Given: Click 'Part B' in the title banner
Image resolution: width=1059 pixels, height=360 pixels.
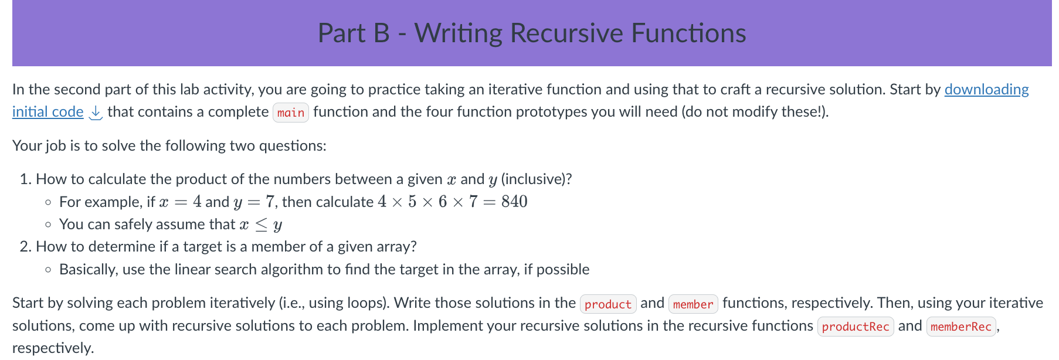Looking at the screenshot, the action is (354, 33).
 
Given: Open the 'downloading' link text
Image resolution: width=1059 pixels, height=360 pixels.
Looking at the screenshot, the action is (986, 89).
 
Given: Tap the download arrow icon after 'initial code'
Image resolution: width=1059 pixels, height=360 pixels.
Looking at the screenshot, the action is (95, 113).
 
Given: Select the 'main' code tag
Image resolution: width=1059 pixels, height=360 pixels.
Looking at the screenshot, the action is (291, 113).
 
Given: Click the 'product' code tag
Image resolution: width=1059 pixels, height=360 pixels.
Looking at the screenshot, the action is (608, 304).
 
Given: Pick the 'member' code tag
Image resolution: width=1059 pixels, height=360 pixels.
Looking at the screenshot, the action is (693, 304).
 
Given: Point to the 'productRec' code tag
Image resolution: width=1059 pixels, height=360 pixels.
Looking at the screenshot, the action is (856, 327).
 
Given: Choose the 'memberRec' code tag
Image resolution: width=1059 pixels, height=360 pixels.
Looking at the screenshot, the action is (961, 327).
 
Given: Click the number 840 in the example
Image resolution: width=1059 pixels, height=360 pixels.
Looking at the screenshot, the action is (514, 202).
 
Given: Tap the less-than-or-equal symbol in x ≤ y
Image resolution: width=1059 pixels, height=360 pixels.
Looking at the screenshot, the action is (261, 225).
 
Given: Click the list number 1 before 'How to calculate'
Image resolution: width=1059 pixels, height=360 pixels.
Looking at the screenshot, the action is (24, 179).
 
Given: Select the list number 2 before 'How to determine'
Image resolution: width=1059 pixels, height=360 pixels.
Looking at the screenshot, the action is (24, 247).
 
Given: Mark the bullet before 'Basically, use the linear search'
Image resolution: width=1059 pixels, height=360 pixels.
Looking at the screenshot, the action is (48, 270).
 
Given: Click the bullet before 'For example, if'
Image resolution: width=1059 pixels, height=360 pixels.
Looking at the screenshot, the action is (48, 202).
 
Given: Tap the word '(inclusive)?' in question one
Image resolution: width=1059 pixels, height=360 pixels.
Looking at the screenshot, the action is (537, 179).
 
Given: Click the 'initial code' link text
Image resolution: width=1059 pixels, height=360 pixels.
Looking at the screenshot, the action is (48, 111).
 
